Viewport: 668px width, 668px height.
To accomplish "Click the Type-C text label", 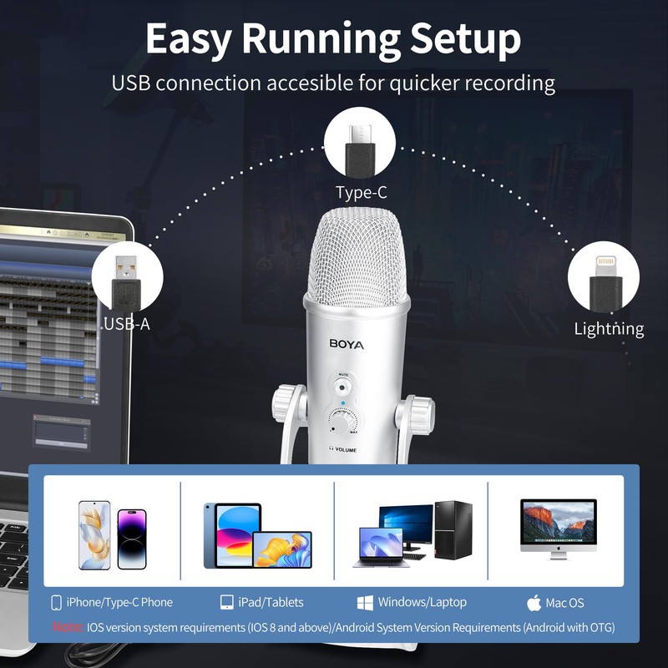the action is pos(362,193).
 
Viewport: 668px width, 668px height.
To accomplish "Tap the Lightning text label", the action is pos(609,328).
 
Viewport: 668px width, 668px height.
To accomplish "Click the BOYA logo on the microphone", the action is pos(347,342).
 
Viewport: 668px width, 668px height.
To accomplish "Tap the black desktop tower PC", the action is pos(453,530).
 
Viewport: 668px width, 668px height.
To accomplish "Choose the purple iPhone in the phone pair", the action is pos(131,539).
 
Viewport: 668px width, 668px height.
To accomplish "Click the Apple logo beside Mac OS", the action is pos(534,603).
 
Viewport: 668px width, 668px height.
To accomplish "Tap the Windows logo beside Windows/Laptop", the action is pos(365,602).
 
